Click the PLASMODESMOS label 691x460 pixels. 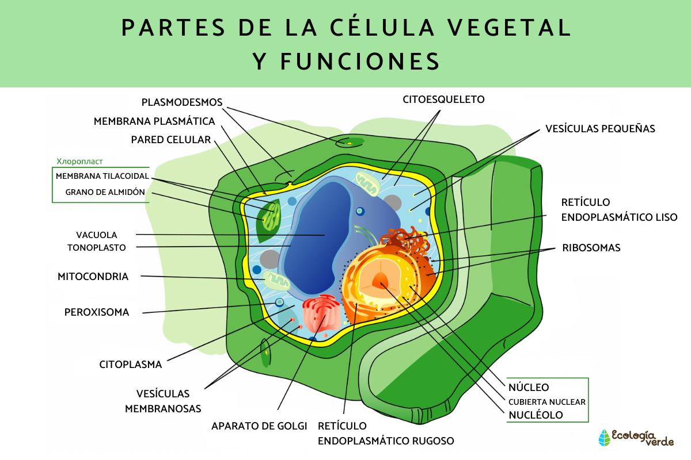pos(181,102)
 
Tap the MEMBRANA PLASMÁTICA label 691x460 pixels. pos(154,121)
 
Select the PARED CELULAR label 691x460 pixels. pos(170,140)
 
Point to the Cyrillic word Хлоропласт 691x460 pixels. pos(83,162)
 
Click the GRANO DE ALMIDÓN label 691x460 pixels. pos(105,192)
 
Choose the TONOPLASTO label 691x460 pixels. pos(96,247)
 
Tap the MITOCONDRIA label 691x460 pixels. pos(93,277)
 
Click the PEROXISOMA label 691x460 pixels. pos(96,313)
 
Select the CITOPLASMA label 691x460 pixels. pos(130,364)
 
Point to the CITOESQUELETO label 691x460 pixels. pos(443,99)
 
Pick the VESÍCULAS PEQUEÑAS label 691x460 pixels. pos(600,129)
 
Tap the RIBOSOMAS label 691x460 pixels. pos(591,248)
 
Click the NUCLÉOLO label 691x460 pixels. pos(536,415)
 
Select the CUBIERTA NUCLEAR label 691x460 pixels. pos(546,401)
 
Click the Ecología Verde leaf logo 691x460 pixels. pos(604,438)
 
